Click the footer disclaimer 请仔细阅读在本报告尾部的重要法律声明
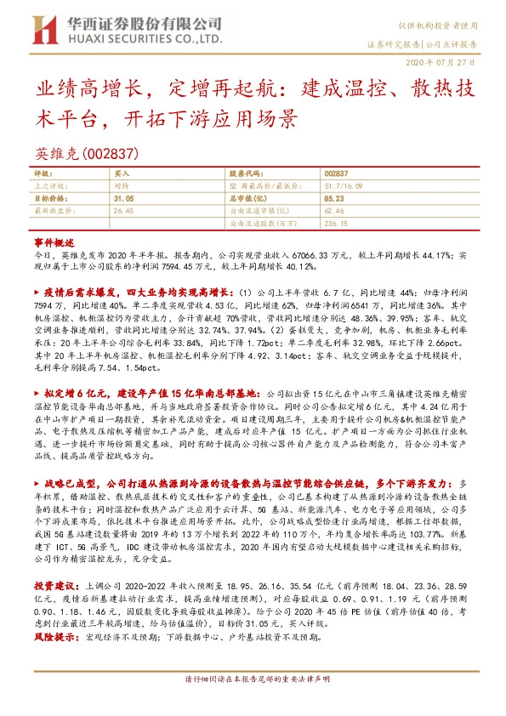253,703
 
